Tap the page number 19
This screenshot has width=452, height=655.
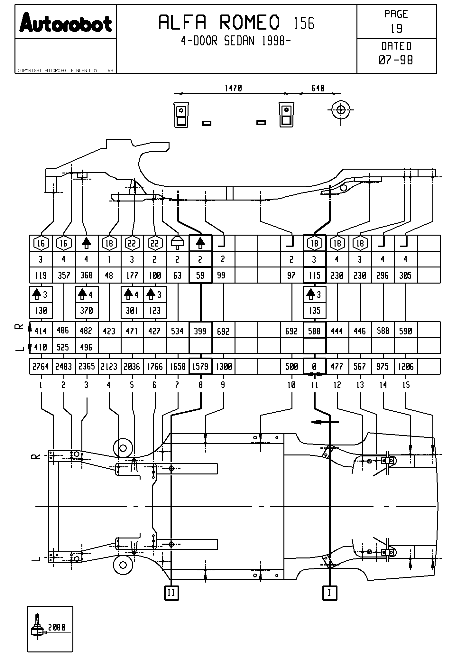pos(396,29)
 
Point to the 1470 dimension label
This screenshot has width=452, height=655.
pos(233,88)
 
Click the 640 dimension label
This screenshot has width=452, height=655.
pos(318,88)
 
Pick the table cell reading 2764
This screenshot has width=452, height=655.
pos(41,367)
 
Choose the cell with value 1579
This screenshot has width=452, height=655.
pos(200,367)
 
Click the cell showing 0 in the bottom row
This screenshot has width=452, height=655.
pos(314,367)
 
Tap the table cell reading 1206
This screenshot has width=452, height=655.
pos(405,367)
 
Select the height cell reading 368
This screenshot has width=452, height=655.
pos(86,275)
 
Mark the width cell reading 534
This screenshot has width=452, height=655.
pos(177,331)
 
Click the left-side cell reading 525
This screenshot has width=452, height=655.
pos(63,347)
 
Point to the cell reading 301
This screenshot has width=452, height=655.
pos(132,311)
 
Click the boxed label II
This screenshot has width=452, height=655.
pos(171,593)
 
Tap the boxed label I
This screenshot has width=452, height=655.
pos(329,593)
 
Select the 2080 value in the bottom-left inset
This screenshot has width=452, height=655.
pos(57,627)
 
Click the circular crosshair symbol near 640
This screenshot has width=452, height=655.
pos(341,110)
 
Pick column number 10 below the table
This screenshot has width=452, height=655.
pos(291,385)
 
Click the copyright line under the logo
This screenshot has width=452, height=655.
pos(58,70)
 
